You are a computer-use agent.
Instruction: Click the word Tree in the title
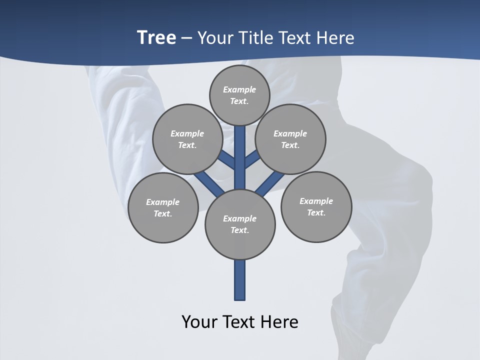[x=156, y=37]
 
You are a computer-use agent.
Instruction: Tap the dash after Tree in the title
[x=187, y=38]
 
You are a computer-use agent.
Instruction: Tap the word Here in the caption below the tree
[x=280, y=322]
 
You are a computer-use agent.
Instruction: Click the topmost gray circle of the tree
[x=239, y=95]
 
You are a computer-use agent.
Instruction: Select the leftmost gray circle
[x=163, y=207]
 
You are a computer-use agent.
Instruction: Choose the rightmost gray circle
[x=316, y=206]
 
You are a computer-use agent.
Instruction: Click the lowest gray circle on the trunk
[x=240, y=224]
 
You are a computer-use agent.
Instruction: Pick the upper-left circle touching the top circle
[x=187, y=139]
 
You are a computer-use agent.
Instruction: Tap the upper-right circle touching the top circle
[x=290, y=139]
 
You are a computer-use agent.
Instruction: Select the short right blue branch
[x=252, y=159]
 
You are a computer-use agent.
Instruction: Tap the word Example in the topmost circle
[x=239, y=89]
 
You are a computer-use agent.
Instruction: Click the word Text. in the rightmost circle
[x=316, y=212]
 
